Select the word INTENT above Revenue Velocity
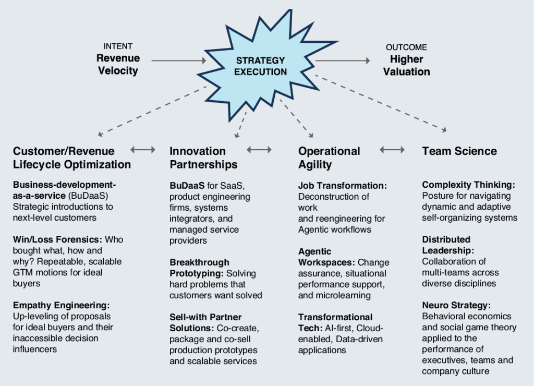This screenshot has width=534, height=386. (x=118, y=46)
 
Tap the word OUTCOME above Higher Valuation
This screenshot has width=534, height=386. (x=406, y=47)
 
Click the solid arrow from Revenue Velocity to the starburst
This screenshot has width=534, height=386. (x=179, y=61)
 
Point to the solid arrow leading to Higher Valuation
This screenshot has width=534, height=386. (x=343, y=61)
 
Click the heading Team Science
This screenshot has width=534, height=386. (x=459, y=151)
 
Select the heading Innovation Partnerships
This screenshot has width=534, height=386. (x=203, y=158)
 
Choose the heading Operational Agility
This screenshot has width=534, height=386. (x=329, y=158)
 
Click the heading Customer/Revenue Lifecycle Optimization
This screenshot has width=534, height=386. (x=72, y=158)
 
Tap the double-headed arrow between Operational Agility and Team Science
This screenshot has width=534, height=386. (x=392, y=150)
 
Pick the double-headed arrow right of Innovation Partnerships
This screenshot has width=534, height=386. (x=259, y=150)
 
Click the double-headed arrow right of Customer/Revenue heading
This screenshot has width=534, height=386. (x=143, y=150)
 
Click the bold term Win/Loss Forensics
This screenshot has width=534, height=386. (x=57, y=239)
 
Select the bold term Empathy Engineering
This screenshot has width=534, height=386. (x=62, y=305)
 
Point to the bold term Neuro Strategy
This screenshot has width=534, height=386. (x=456, y=305)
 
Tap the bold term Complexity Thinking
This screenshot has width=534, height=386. (x=469, y=185)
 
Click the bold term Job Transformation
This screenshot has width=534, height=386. (x=343, y=186)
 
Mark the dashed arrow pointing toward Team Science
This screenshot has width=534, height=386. (x=381, y=103)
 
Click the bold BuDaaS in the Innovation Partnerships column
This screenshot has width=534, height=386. (x=187, y=186)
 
